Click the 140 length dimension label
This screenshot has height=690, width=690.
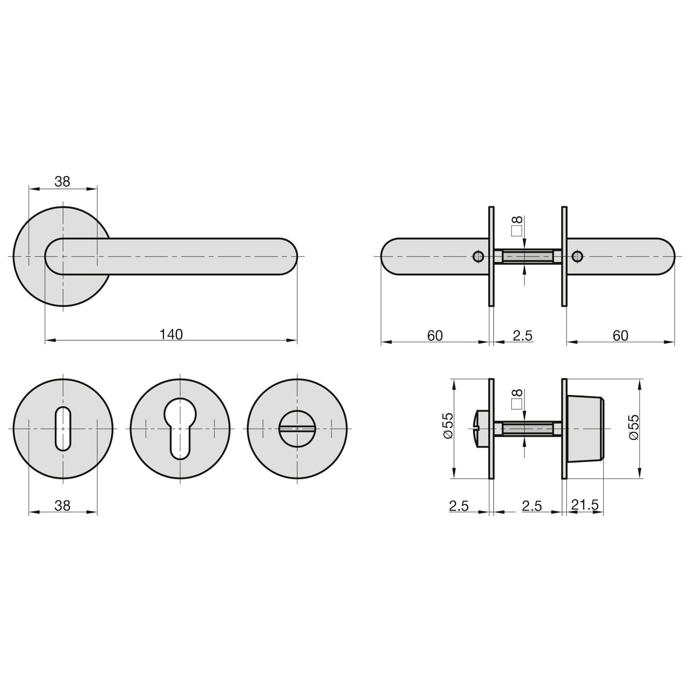[x=171, y=335]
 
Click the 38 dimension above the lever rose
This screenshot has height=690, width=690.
[x=62, y=182]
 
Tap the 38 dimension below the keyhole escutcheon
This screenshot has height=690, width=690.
[x=62, y=505]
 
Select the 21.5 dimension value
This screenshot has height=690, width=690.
[x=585, y=505]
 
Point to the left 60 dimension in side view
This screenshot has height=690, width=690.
[x=435, y=336]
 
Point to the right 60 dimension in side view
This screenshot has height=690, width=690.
[x=620, y=336]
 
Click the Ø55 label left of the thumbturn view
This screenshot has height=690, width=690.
[x=447, y=426]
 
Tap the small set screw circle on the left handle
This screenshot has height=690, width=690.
[x=478, y=256]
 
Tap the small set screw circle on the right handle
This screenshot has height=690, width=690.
[x=578, y=256]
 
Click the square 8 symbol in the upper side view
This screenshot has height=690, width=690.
[x=517, y=226]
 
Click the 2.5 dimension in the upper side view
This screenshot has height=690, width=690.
[x=522, y=336]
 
